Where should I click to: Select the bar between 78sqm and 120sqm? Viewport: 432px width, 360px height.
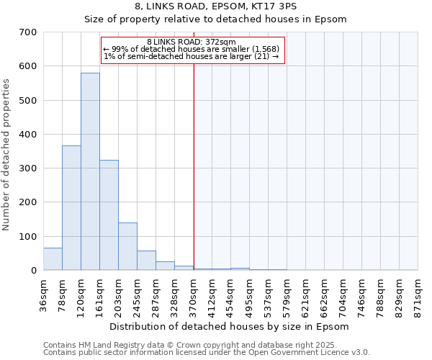(x=71, y=208)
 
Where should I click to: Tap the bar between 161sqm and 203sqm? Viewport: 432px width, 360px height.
(x=109, y=215)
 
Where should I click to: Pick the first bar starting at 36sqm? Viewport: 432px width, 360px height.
(x=53, y=259)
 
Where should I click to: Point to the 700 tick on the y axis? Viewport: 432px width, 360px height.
(x=28, y=32)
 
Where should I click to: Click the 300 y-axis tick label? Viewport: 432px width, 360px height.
(x=28, y=168)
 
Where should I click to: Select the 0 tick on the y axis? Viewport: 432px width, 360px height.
(x=33, y=271)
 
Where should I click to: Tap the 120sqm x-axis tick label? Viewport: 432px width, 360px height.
(x=81, y=295)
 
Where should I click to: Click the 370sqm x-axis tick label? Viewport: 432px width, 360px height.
(x=193, y=295)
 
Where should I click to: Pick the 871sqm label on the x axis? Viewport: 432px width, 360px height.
(x=418, y=295)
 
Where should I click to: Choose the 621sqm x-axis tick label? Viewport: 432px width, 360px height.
(x=305, y=295)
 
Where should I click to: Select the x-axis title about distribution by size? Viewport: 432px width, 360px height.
(x=230, y=327)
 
